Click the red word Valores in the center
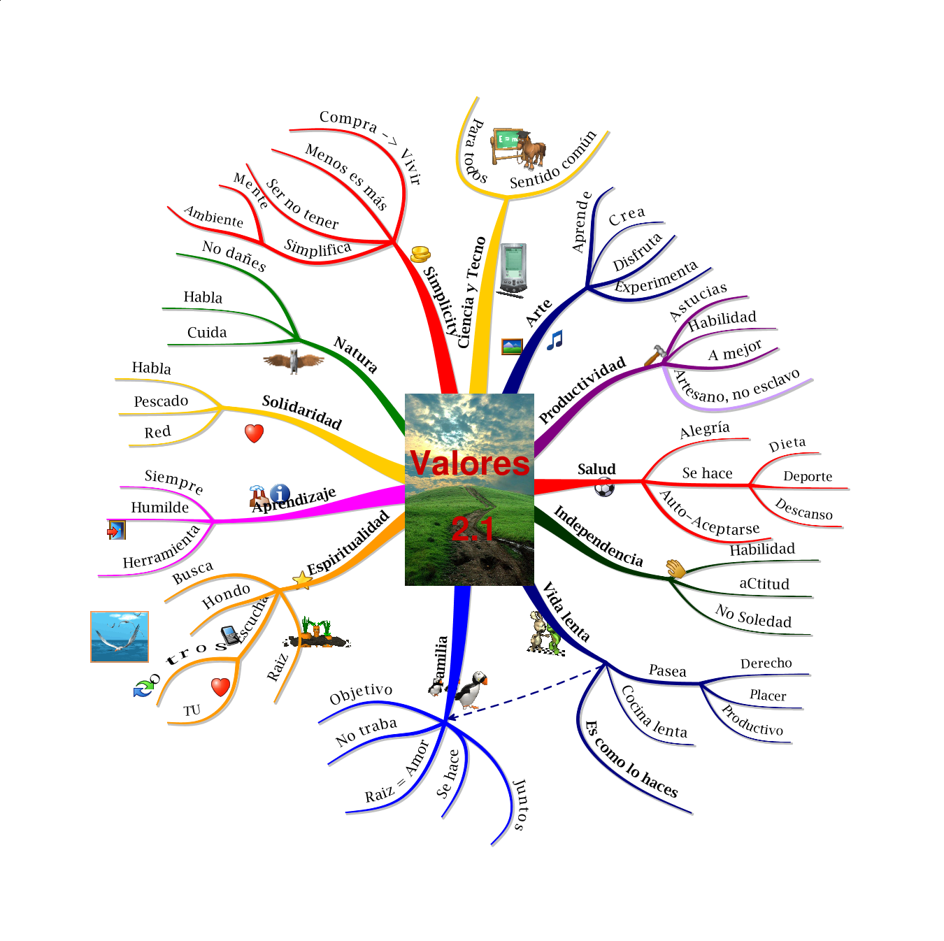point(469,464)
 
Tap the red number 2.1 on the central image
point(473,529)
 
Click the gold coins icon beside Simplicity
point(420,254)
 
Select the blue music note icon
point(555,340)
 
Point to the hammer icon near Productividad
point(655,355)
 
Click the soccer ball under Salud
point(604,488)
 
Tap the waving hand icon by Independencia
point(675,568)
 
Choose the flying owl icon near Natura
point(294,361)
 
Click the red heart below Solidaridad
point(254,433)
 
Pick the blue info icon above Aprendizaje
point(280,494)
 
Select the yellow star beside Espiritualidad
point(302,580)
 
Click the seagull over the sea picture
point(120,636)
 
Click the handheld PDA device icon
point(513,269)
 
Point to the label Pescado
point(161,401)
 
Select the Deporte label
point(808,477)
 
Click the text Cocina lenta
point(655,714)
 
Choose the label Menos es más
point(347,177)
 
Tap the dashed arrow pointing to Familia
point(524,692)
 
